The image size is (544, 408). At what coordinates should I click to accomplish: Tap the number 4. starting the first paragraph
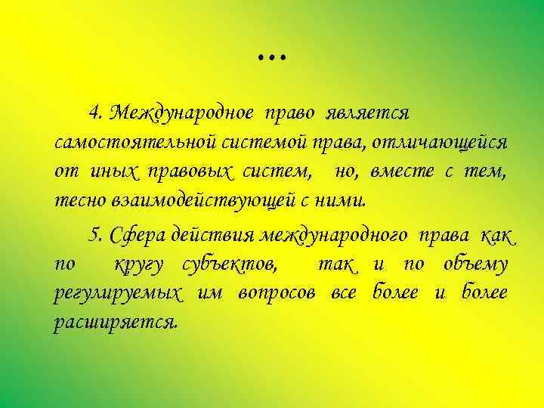(x=96, y=113)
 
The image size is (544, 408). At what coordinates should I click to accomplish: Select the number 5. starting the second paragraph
(x=96, y=236)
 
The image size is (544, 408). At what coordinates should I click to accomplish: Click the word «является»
(x=369, y=113)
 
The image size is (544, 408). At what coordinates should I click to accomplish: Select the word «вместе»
(x=402, y=172)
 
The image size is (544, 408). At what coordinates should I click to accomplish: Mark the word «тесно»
(x=74, y=202)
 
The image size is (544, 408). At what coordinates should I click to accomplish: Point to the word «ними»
(x=346, y=202)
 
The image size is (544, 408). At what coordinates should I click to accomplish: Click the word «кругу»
(x=143, y=265)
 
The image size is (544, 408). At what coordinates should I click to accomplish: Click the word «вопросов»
(x=277, y=294)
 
